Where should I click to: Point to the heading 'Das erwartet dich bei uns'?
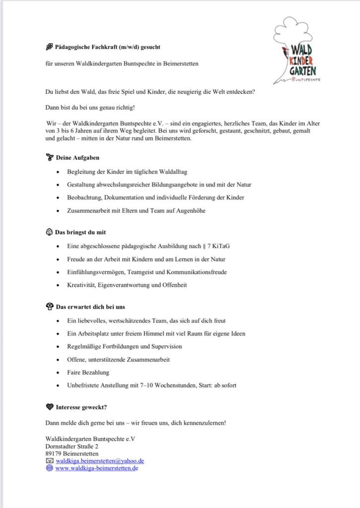86,307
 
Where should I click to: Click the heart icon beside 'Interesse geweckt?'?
49,407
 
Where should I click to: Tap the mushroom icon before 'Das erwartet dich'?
49,307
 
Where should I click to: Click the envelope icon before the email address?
49,461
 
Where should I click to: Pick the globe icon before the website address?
49,468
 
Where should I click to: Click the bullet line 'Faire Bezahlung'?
88,372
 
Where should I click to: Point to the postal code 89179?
53,453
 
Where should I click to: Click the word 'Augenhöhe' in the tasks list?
189,210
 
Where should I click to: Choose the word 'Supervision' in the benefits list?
166,346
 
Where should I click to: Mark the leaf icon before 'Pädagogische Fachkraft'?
49,47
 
